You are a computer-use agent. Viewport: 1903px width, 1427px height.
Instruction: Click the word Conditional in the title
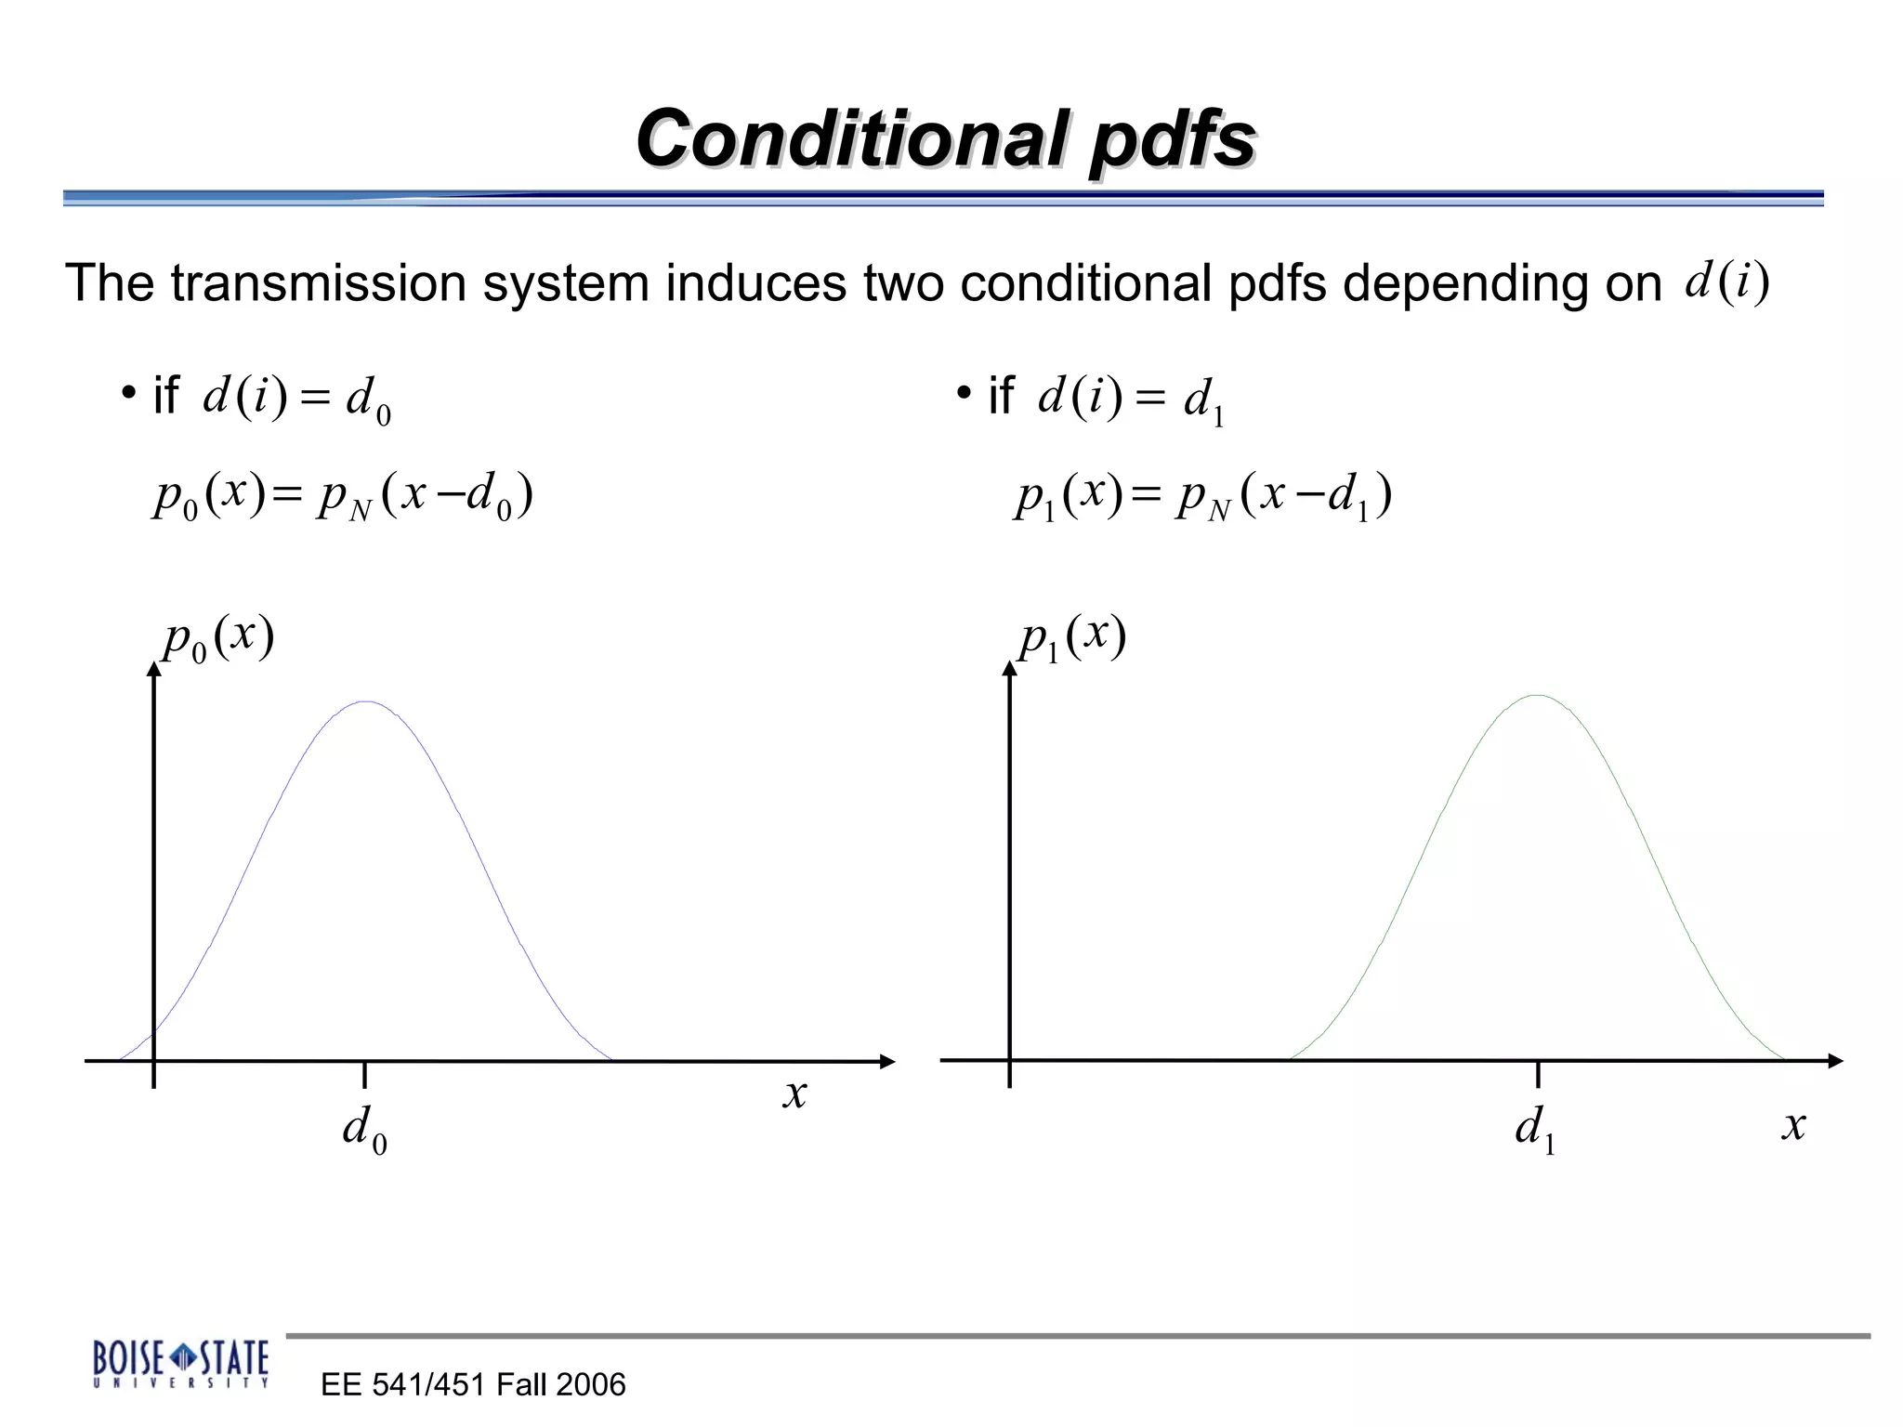[851, 138]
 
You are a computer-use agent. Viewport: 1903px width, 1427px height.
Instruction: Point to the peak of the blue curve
[367, 702]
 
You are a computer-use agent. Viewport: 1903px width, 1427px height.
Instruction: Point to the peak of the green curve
[1538, 696]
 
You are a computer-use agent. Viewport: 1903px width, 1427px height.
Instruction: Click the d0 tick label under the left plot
[365, 1129]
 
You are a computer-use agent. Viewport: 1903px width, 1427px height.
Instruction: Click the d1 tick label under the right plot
[1535, 1129]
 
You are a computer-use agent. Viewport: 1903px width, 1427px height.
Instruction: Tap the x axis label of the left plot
[794, 1093]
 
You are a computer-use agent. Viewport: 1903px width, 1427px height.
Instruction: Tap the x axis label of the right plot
[1793, 1125]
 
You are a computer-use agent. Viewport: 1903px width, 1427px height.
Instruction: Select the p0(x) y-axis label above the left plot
[218, 638]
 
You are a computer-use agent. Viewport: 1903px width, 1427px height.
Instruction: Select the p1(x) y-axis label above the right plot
[1072, 638]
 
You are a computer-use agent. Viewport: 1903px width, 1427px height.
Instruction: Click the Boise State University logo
[181, 1363]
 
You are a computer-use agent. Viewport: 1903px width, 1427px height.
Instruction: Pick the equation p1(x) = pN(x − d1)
[1203, 496]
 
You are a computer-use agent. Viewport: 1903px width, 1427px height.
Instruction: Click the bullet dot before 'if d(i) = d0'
[128, 393]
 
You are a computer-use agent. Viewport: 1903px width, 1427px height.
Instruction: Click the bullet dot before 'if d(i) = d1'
[964, 393]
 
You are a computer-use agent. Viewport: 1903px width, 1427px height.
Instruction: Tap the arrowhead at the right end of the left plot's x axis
[887, 1061]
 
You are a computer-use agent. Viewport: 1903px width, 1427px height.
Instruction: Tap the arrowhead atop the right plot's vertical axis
[1010, 669]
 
